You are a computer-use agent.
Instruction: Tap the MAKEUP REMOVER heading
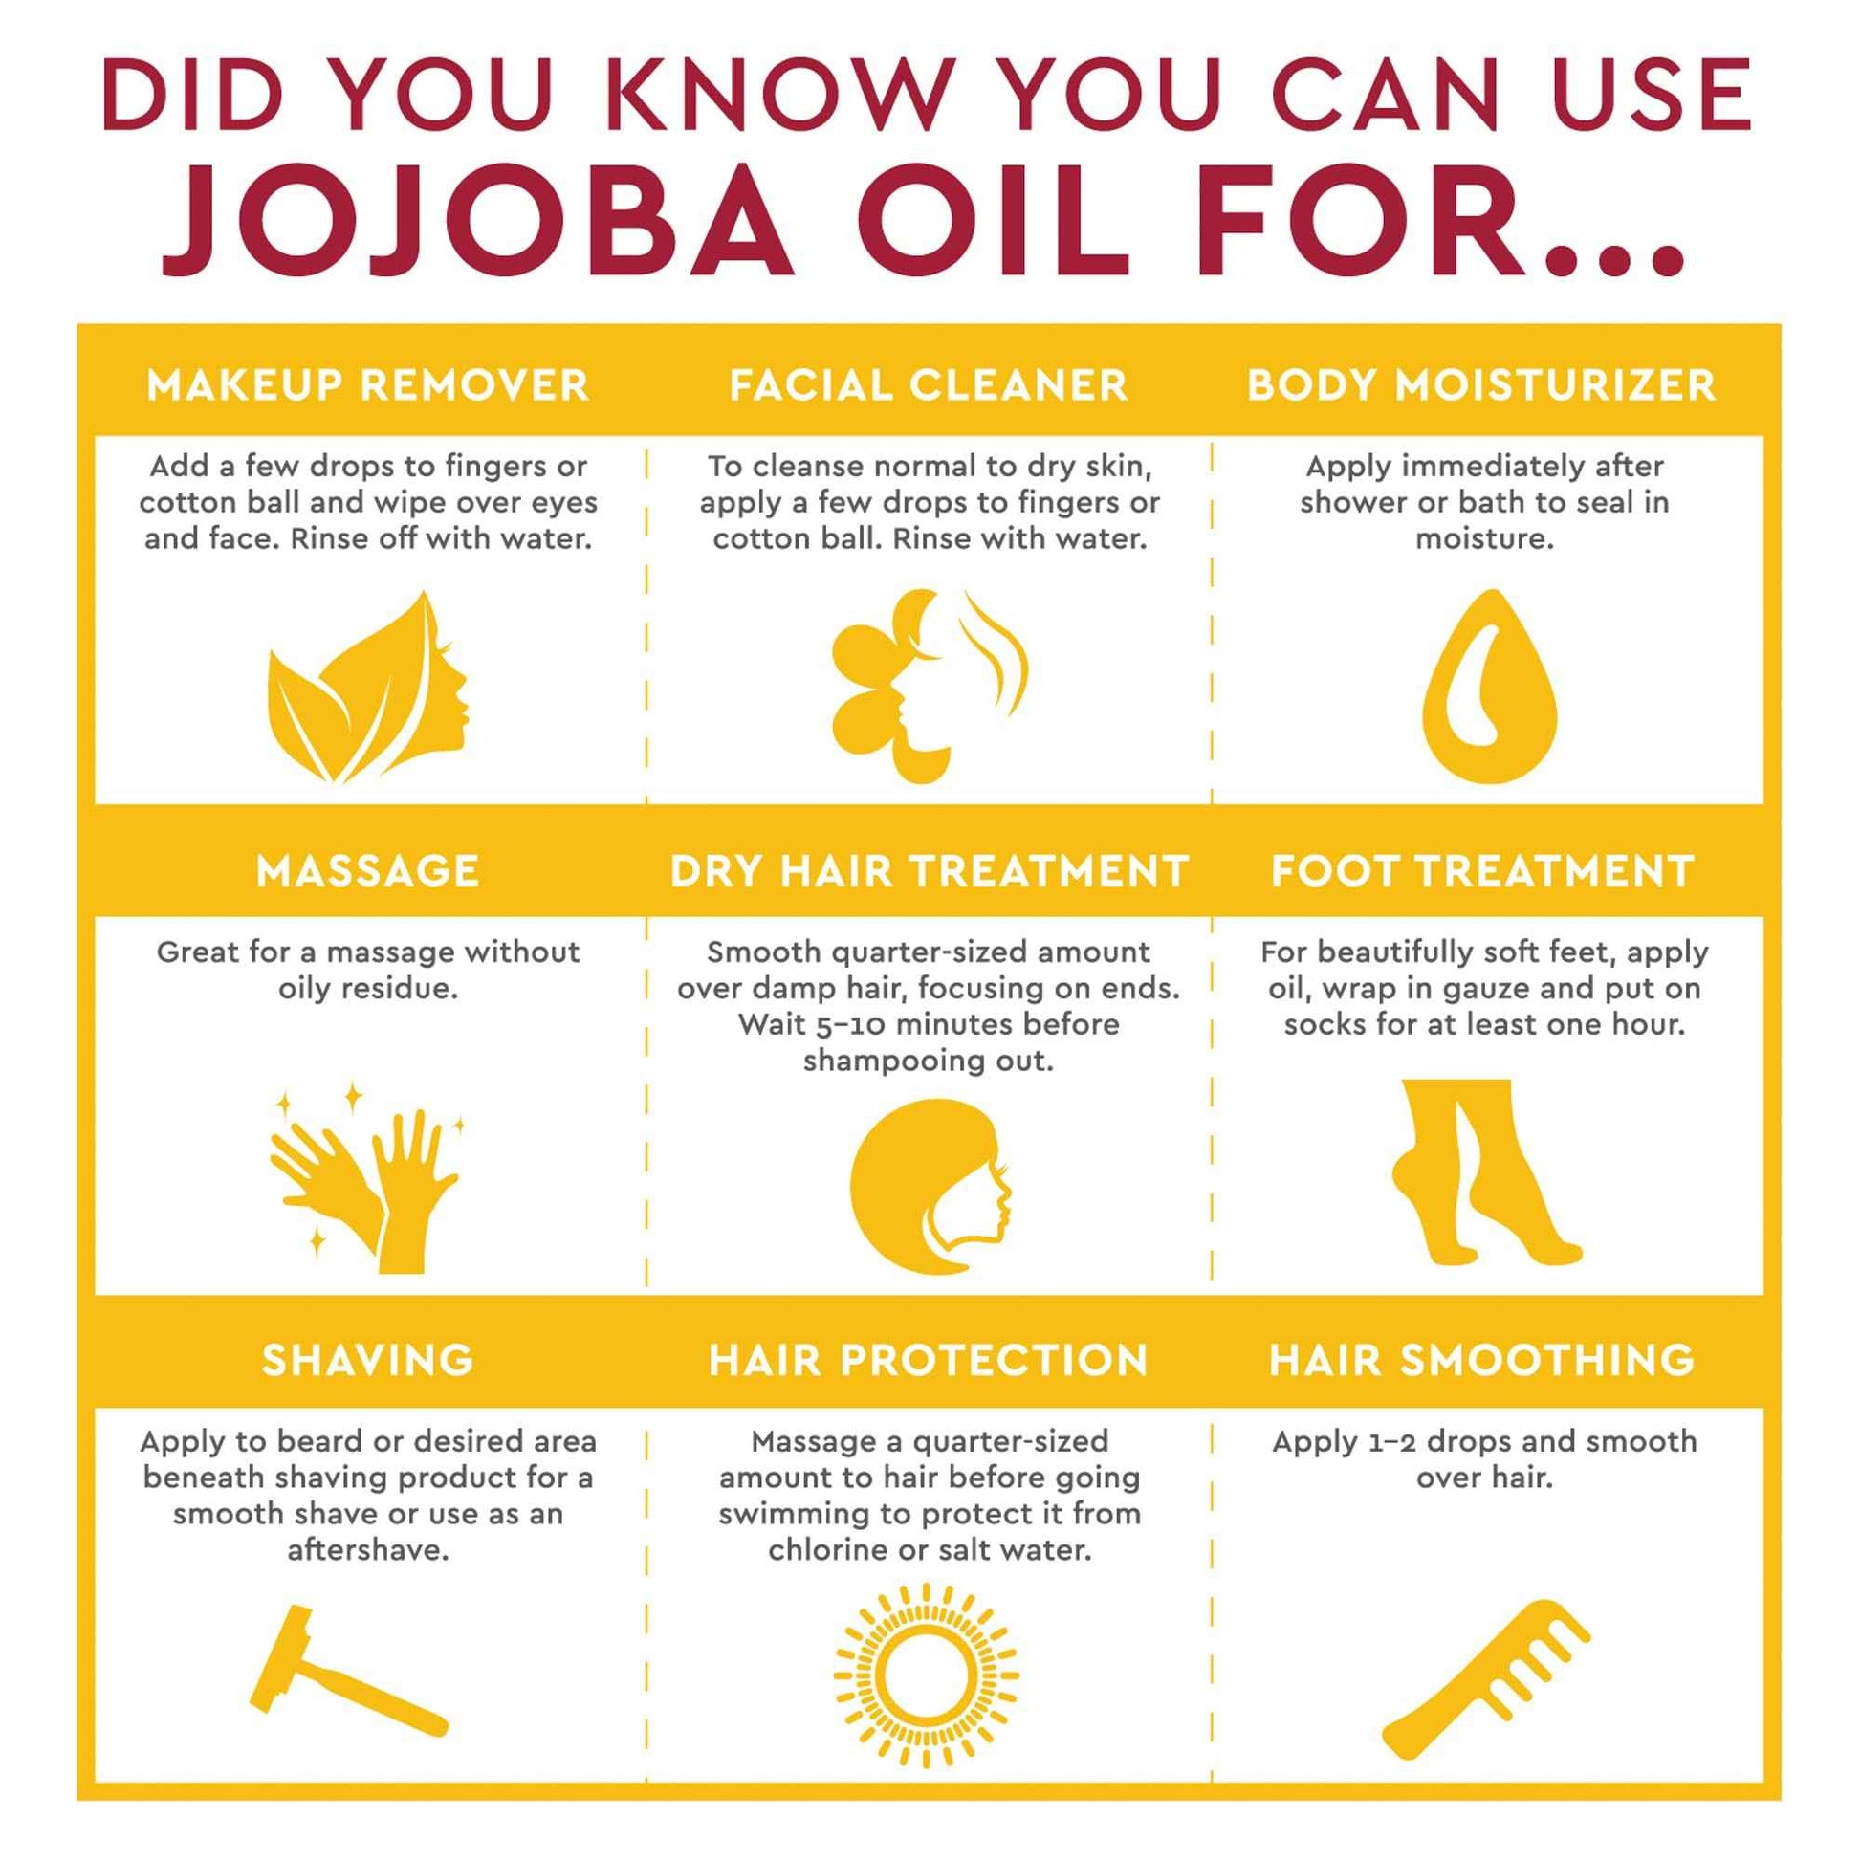367,385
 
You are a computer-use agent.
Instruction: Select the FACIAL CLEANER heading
929,385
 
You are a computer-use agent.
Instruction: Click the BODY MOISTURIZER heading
1481,385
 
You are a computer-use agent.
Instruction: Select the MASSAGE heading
367,871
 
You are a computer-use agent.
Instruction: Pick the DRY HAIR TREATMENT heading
929,871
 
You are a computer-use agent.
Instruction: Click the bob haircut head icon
929,1187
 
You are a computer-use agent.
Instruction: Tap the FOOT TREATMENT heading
1481,871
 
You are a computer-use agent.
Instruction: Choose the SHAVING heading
367,1360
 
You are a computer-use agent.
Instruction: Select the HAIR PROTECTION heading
929,1360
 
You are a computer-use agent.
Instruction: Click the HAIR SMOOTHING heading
1481,1360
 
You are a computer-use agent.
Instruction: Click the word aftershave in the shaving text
367,1551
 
